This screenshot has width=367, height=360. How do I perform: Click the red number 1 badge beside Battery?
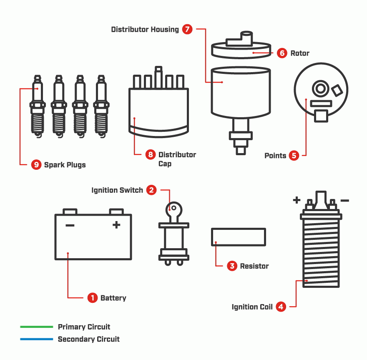pos(92,298)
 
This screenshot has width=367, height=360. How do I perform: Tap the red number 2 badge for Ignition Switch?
pos(152,190)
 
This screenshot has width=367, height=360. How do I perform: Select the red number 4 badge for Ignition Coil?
pos(281,307)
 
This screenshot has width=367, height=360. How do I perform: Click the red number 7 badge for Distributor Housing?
pos(187,29)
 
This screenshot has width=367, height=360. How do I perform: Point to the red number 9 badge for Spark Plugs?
pos(36,165)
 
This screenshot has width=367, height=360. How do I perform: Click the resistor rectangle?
pos(239,237)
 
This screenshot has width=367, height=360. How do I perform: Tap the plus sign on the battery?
pos(116,225)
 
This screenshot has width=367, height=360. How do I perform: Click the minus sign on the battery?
pos(70,226)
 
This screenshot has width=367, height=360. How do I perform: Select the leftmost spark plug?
pos(38,106)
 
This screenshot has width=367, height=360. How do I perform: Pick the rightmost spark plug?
pos(101,106)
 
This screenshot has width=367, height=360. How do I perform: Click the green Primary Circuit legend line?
pos(37,327)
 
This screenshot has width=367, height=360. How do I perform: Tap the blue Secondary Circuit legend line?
pos(37,339)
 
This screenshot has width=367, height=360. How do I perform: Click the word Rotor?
pos(300,53)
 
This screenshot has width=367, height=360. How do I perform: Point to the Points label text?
pos(275,156)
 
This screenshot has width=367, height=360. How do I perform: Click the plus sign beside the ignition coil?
pos(297,201)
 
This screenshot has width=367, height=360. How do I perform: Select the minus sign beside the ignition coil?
pos(344,201)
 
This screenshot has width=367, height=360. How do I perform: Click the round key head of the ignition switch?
pos(173,209)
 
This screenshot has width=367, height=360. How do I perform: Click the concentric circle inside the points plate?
pos(320,88)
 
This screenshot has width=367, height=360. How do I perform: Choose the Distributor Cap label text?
pos(177,159)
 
